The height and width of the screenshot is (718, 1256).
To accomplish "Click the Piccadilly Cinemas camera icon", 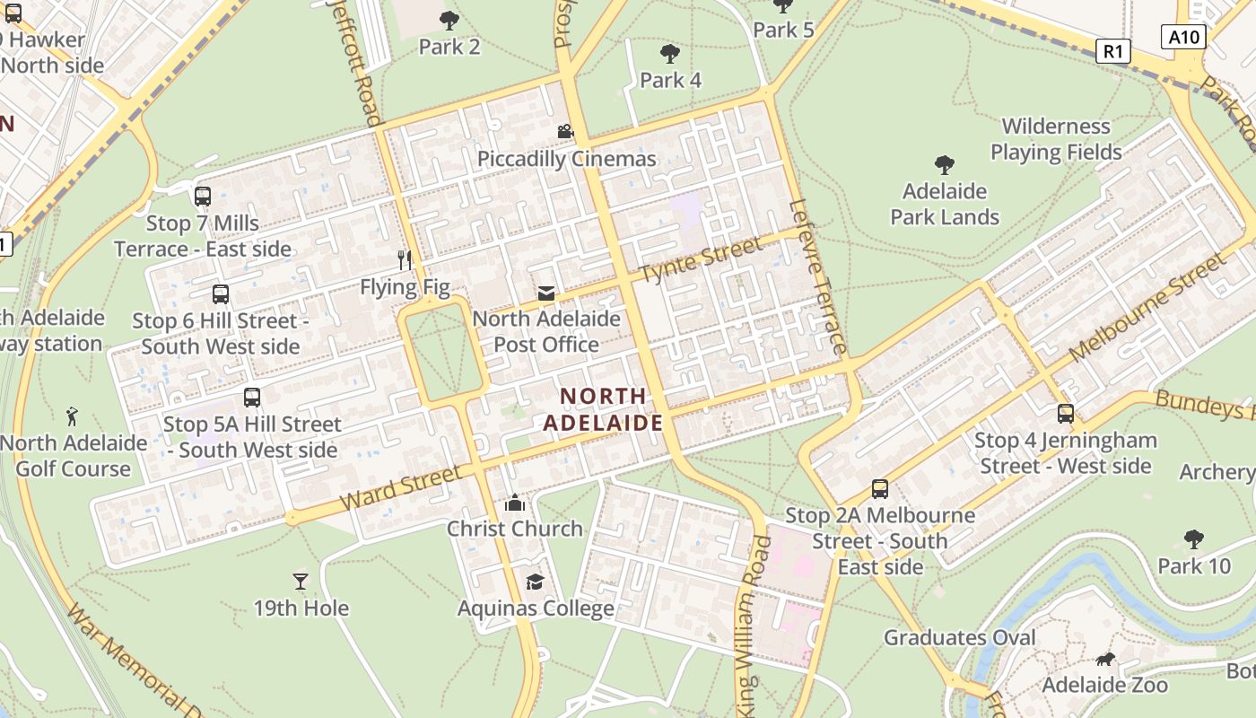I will [x=565, y=132].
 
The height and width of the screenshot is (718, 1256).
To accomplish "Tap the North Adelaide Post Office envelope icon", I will [x=545, y=293].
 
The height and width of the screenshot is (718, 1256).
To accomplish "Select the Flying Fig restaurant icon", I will [x=405, y=260].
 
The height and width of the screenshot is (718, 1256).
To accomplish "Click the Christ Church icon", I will [x=515, y=503].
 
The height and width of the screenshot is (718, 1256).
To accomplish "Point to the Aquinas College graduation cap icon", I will [x=535, y=582].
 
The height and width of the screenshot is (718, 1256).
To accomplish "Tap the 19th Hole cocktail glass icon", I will [x=301, y=582].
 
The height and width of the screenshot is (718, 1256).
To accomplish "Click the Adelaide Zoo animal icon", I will [x=1105, y=660].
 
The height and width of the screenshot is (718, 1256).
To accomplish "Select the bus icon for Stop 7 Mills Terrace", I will [x=203, y=196].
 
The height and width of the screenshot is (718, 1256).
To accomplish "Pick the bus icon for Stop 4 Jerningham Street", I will [x=1066, y=414].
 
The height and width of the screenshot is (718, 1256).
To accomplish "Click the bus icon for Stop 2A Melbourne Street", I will [x=880, y=489].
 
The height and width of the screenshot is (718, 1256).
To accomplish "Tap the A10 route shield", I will [x=1184, y=37].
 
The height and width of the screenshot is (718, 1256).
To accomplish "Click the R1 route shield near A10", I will [x=1113, y=51].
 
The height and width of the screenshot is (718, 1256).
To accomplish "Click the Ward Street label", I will [x=401, y=487].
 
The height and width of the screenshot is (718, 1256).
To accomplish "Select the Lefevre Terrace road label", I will [x=817, y=276].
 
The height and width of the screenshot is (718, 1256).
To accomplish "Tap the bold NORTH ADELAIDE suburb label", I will [x=603, y=409].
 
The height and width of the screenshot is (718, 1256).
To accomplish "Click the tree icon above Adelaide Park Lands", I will [x=944, y=165].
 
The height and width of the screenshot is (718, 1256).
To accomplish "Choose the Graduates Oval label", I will [x=960, y=637].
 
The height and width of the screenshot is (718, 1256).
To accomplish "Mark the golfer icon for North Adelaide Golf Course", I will [x=73, y=416].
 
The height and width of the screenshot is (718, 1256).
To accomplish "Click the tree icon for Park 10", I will [x=1193, y=539].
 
